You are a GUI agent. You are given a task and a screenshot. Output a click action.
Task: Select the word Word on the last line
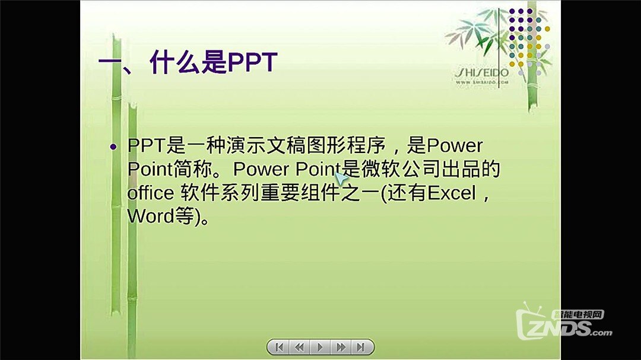click(148, 216)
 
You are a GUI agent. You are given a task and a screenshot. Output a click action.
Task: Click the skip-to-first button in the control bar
click(280, 347)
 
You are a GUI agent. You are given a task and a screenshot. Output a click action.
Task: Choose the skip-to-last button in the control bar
click(360, 347)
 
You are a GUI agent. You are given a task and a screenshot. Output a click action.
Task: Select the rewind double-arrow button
click(300, 347)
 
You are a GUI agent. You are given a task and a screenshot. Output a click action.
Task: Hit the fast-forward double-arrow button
click(341, 347)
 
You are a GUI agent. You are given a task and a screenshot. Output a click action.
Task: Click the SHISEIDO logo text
click(481, 72)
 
